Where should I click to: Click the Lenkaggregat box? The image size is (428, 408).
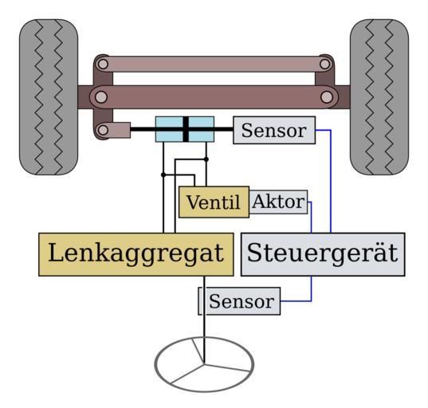click(136, 254)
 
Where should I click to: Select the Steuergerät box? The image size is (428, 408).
click(323, 254)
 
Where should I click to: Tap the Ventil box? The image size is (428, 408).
click(214, 202)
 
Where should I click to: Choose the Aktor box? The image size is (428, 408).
click(278, 202)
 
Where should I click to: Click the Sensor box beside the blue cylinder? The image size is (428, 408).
click(274, 130)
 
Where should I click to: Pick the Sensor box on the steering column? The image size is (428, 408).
click(239, 301)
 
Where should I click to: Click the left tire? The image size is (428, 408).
click(49, 97)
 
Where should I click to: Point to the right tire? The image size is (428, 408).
click(379, 97)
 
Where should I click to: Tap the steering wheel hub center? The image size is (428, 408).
click(204, 363)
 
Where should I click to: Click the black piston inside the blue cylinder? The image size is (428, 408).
click(186, 129)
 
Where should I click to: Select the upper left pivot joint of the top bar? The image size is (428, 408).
click(103, 65)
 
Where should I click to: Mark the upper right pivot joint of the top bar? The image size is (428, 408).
click(325, 65)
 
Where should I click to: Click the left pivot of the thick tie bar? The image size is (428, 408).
click(101, 97)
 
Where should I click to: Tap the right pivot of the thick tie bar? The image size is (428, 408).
click(327, 97)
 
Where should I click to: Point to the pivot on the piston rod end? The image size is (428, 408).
click(103, 130)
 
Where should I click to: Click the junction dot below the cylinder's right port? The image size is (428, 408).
click(206, 159)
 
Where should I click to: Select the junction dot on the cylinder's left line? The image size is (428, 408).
click(163, 175)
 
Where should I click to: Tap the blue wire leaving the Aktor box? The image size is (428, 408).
click(311, 216)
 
